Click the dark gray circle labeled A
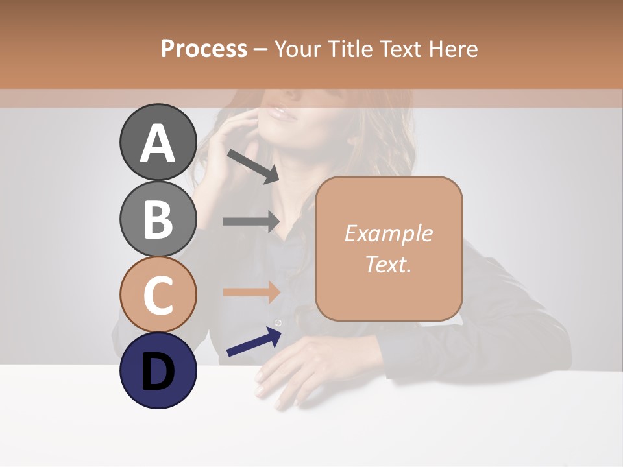(158, 142)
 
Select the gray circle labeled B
(158, 219)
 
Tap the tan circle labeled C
(158, 294)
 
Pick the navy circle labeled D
(158, 370)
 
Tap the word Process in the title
(204, 49)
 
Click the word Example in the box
(389, 233)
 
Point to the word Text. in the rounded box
(389, 264)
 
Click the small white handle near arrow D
(278, 323)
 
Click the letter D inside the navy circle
(158, 372)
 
